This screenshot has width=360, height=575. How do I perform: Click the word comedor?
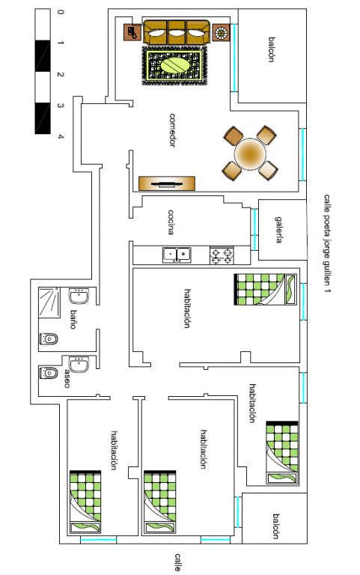pyautogui.click(x=172, y=130)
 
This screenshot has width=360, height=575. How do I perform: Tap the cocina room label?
pyautogui.click(x=171, y=222)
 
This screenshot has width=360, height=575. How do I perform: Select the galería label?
pyautogui.click(x=279, y=230)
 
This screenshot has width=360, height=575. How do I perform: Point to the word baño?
pyautogui.click(x=73, y=319)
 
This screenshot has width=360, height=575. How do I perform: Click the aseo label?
pyautogui.click(x=67, y=378)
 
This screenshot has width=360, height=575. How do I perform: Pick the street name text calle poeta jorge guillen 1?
pyautogui.click(x=327, y=244)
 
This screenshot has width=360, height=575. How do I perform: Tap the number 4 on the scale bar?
pyautogui.click(x=61, y=137)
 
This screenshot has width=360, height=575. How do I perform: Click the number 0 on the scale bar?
pyautogui.click(x=61, y=12)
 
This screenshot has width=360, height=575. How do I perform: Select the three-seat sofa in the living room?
pyautogui.click(x=177, y=33)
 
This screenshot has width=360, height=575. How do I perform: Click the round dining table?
pyautogui.click(x=250, y=154)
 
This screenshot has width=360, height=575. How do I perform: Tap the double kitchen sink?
pyautogui.click(x=177, y=255)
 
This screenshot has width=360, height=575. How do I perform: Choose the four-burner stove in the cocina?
pyautogui.click(x=222, y=255)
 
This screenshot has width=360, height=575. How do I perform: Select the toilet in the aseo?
pyautogui.click(x=49, y=373)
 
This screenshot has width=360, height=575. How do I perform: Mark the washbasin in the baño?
pyautogui.click(x=79, y=296)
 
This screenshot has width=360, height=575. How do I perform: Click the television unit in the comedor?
pyautogui.click(x=167, y=183)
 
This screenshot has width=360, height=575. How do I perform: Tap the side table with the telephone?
pyautogui.click(x=132, y=33)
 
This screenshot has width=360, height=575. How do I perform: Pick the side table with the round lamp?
pyautogui.click(x=221, y=33)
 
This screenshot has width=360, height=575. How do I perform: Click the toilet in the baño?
pyautogui.click(x=49, y=339)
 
